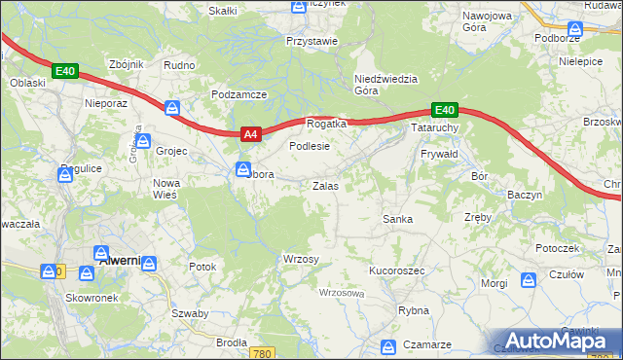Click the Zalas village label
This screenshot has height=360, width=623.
324,185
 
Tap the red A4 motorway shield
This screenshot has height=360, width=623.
249,135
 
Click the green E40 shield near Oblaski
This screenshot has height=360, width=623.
65,71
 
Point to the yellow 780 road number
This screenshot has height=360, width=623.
259,354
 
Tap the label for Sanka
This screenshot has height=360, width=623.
397,220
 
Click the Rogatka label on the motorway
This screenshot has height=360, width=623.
327,125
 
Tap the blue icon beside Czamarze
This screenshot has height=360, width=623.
388,345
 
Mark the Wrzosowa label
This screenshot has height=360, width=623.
341,293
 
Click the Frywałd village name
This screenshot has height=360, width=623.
439,155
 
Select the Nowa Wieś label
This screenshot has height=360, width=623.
166,189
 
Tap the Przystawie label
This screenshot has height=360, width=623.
311,41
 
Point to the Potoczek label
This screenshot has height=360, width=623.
557,248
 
